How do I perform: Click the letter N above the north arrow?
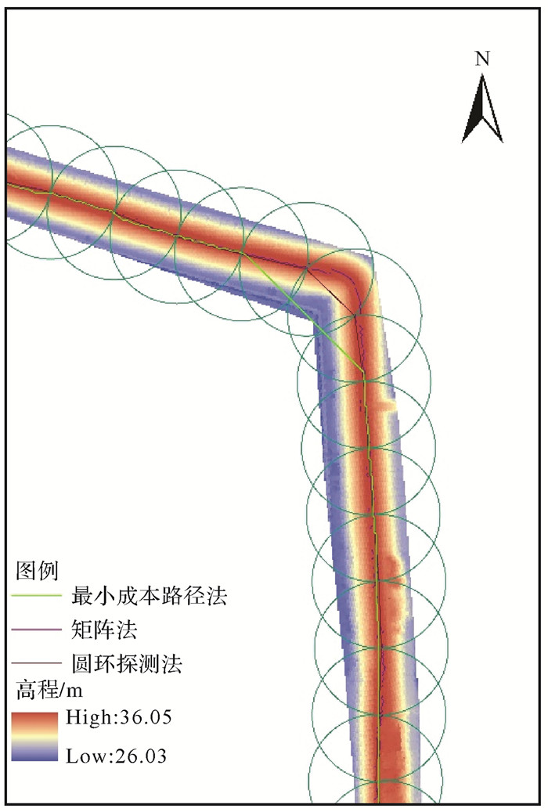(483, 58)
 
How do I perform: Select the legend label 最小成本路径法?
(149, 597)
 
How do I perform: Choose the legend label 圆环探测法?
(127, 665)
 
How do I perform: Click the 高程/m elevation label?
(49, 691)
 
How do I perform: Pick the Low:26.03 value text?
(117, 756)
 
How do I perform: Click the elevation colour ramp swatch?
(35, 737)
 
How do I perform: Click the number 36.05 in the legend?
(143, 718)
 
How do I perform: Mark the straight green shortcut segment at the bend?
(305, 312)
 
